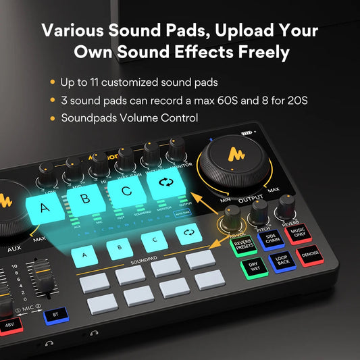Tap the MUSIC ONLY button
(298, 232)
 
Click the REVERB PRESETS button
(243, 245)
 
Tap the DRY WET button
(253, 267)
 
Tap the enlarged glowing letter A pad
(45, 209)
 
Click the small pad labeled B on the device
(120, 247)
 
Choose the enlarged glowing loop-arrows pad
(165, 183)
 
